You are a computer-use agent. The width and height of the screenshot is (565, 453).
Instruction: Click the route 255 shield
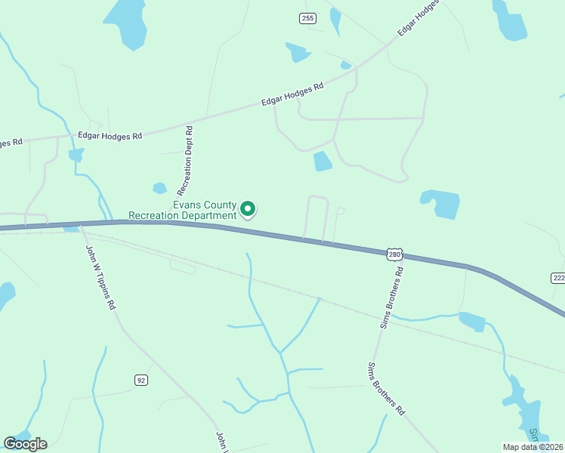point(307,18)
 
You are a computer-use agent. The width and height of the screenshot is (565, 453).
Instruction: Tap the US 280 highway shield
point(394,254)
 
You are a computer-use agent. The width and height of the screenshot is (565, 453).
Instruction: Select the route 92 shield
point(141,380)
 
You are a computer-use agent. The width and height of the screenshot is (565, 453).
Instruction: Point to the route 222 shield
point(558,278)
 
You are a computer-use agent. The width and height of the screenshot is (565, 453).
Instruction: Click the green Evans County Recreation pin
point(248,209)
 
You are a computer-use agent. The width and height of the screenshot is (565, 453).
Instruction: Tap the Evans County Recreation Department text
point(183,211)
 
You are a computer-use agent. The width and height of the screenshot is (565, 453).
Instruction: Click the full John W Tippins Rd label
point(100,278)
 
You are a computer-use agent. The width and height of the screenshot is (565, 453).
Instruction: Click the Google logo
point(25,444)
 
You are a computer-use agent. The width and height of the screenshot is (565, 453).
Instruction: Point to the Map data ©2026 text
point(532,447)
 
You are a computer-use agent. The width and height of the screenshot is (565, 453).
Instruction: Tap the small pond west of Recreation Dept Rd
point(159,188)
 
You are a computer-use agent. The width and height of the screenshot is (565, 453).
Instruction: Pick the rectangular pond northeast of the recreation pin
point(323,161)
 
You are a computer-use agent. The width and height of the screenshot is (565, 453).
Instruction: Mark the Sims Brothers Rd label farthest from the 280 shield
point(386,389)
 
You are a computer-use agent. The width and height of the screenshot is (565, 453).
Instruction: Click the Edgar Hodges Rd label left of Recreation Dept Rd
point(110,136)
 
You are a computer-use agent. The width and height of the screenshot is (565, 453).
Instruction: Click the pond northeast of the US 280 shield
point(442,203)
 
